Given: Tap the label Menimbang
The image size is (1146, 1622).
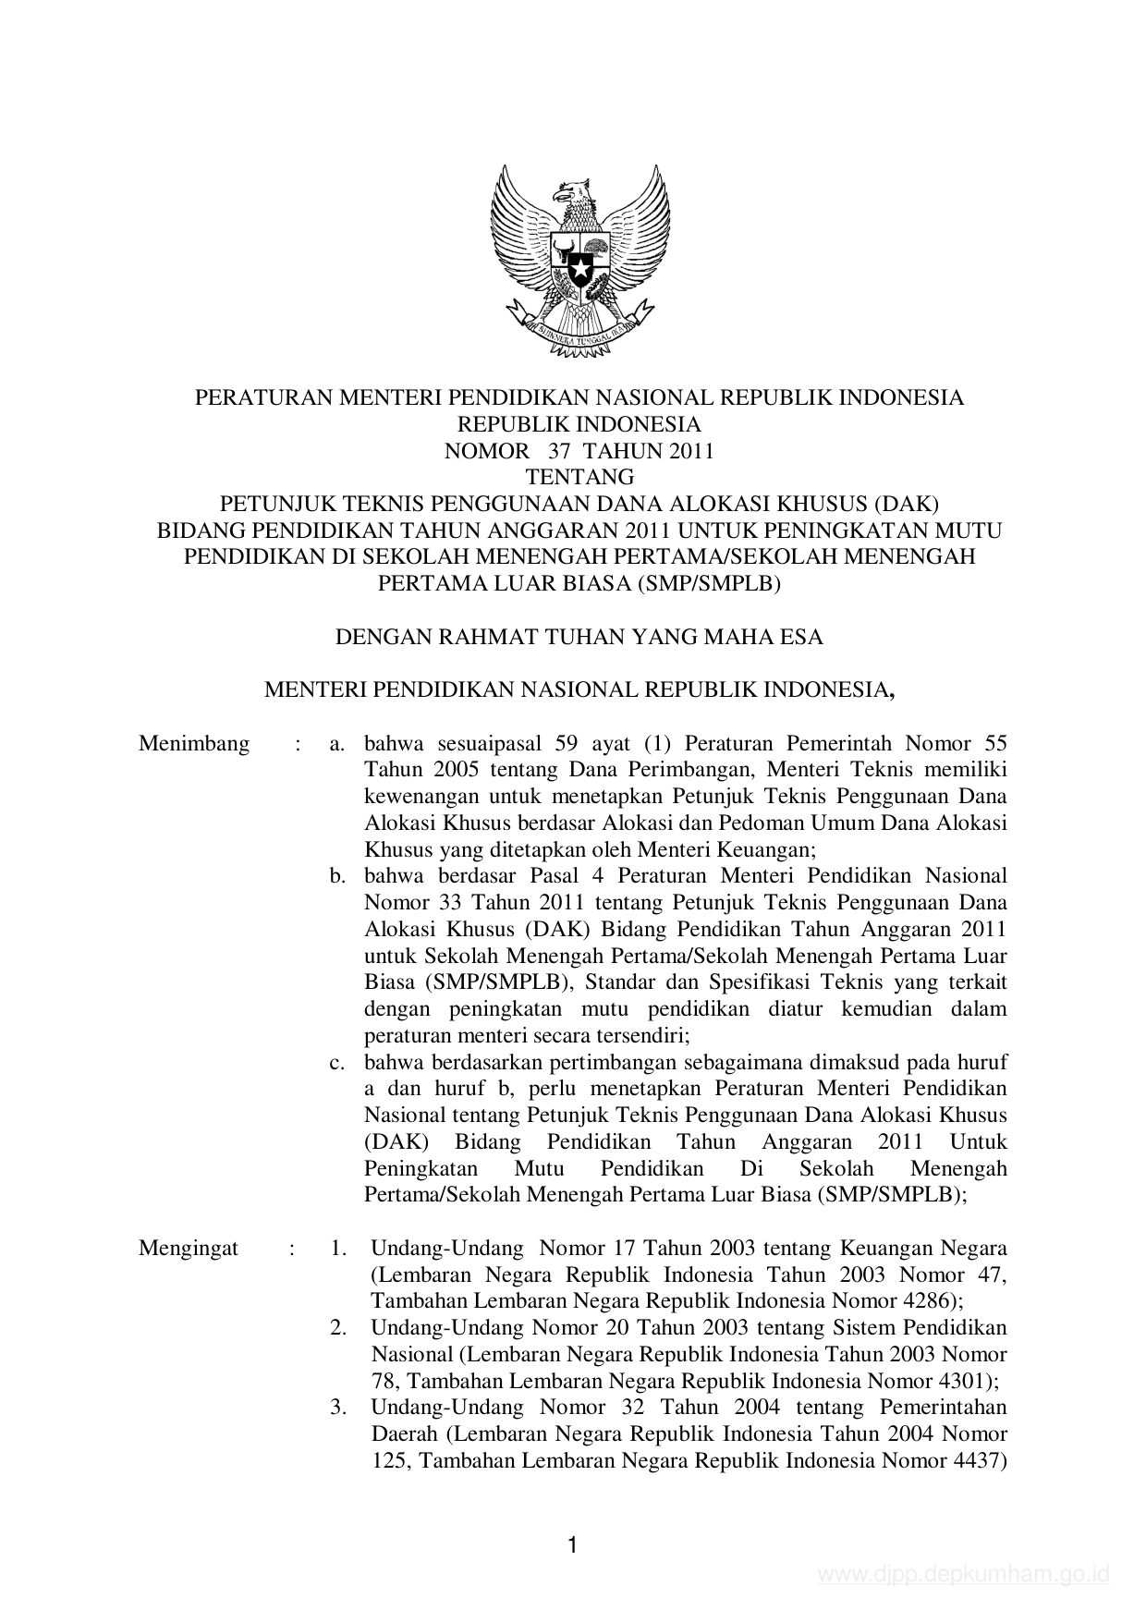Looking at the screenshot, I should tap(194, 744).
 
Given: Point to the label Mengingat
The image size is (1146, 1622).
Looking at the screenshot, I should tap(189, 1249).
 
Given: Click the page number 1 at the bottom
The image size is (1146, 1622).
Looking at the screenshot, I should tap(573, 1545).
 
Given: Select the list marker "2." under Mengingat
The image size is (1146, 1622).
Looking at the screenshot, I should tap(339, 1328).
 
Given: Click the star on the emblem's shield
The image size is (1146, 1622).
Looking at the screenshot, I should tap(579, 270).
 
